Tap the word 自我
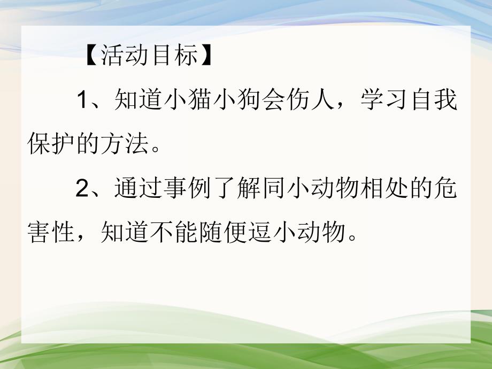tap(444, 101)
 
